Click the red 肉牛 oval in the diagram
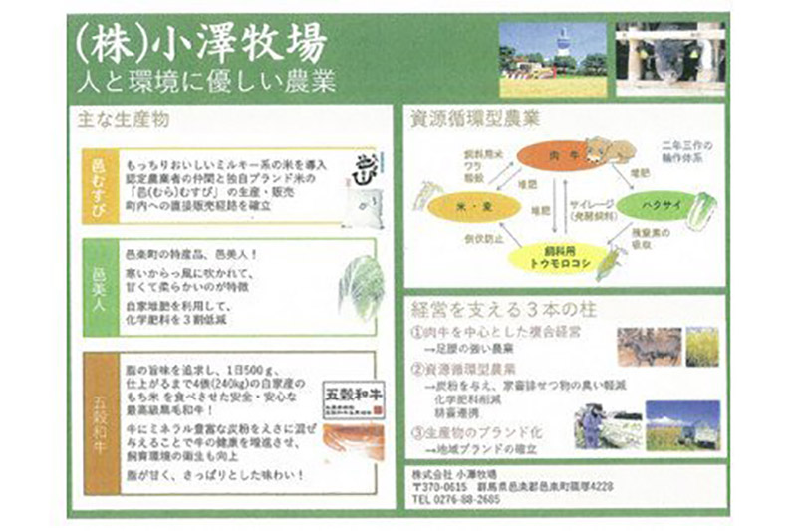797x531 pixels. pyautogui.click(x=543, y=156)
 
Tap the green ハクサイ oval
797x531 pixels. pyautogui.click(x=655, y=207)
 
